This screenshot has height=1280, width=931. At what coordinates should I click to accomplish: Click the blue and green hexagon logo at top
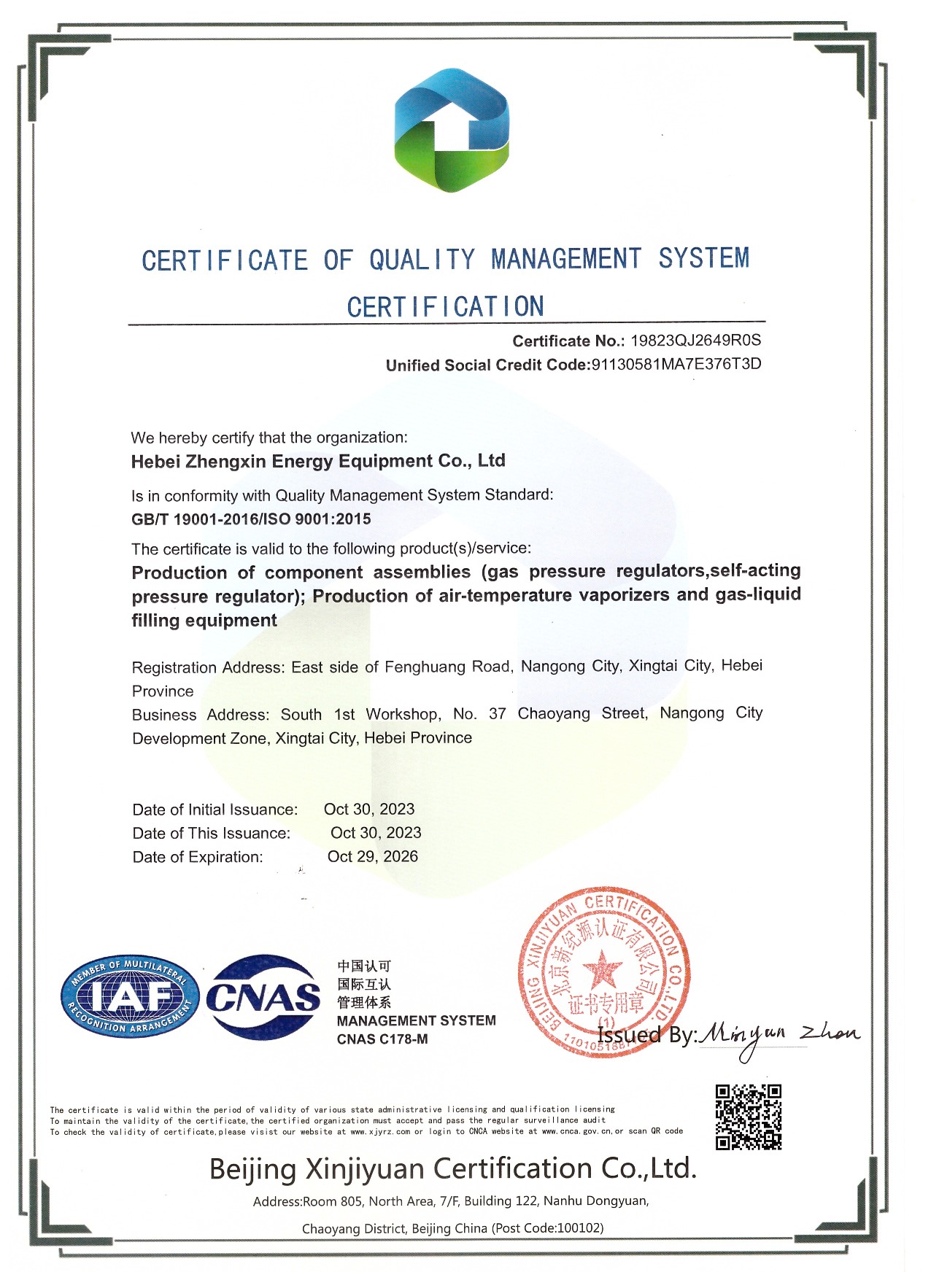(x=452, y=131)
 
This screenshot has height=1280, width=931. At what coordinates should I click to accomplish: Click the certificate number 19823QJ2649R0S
(x=695, y=341)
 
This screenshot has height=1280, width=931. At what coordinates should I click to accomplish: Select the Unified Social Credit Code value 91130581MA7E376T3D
(x=676, y=365)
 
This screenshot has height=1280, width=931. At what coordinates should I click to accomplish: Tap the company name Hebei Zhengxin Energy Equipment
(x=318, y=461)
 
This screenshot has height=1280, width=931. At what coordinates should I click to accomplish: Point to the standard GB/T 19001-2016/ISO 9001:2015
(x=251, y=519)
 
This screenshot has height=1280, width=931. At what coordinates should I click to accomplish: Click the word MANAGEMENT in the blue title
(x=566, y=259)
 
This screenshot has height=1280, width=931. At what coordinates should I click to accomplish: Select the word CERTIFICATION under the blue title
(x=445, y=307)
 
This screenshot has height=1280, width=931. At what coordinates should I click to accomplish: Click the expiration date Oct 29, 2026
(x=372, y=856)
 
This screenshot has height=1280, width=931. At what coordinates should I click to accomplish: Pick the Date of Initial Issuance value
(x=369, y=809)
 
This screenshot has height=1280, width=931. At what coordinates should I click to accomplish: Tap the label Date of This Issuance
(x=211, y=833)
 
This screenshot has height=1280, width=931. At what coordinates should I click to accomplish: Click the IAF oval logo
(x=129, y=996)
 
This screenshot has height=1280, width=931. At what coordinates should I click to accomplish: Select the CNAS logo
(x=263, y=997)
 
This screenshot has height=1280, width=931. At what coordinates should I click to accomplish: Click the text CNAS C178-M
(x=382, y=1039)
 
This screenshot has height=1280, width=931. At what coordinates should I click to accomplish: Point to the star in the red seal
(x=603, y=971)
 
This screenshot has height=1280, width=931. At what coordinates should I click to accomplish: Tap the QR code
(x=748, y=1117)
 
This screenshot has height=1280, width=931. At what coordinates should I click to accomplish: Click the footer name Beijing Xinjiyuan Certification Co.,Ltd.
(x=452, y=1168)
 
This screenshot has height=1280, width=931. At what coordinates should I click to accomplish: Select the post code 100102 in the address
(x=579, y=1228)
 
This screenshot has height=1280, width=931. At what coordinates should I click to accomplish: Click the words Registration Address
(x=206, y=667)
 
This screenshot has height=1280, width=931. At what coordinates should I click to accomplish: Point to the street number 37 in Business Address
(x=498, y=713)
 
